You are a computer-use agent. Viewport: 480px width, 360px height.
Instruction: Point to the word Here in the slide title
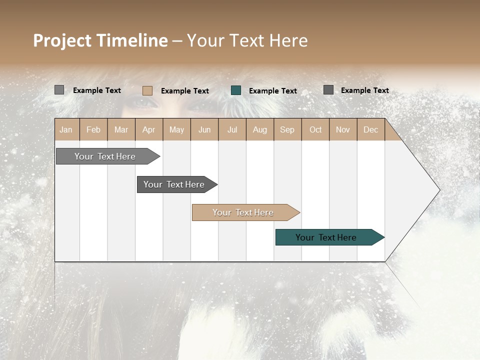[x=288, y=40]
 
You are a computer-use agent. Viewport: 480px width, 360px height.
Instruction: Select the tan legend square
[x=147, y=90]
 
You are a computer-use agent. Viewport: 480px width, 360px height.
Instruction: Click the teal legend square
[x=236, y=90]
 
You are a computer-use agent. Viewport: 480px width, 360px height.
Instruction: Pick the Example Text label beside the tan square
[x=184, y=91]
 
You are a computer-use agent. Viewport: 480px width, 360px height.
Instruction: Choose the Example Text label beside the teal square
[x=272, y=91]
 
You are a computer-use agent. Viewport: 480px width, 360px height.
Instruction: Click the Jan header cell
[x=66, y=129]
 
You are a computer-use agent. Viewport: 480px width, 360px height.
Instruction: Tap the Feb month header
[x=93, y=129]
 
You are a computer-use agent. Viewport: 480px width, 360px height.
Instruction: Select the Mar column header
[x=121, y=129]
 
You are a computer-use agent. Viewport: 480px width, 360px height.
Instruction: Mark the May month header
[x=176, y=129]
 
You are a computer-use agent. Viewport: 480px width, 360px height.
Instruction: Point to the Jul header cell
[x=232, y=129]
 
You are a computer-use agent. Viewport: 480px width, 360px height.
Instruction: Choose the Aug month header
[x=259, y=129]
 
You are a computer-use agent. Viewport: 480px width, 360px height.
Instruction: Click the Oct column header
[x=315, y=129]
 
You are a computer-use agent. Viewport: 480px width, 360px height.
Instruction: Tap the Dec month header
[x=370, y=129]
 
